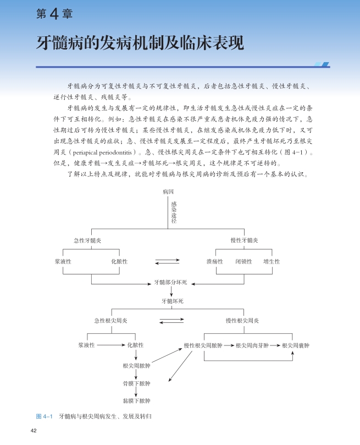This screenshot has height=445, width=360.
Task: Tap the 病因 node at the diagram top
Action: coord(168,192)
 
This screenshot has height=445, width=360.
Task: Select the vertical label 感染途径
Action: coord(173,212)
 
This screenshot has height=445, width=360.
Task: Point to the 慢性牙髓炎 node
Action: coord(244,240)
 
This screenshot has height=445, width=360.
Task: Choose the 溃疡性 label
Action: coord(214,261)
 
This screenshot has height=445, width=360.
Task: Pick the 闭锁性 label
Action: coord(243,261)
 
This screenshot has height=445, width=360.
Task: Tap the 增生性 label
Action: coord(272,261)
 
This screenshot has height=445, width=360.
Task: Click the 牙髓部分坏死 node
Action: coord(171,282)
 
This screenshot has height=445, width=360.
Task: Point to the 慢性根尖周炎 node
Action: coord(242,321)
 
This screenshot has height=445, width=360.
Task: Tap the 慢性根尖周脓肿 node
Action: coord(203,345)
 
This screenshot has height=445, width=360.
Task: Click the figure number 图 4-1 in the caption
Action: coord(43,416)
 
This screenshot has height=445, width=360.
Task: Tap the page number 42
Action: coord(34,430)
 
